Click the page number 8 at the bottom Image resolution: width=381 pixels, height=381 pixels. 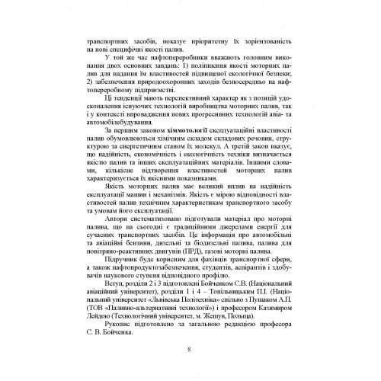(188, 351)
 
